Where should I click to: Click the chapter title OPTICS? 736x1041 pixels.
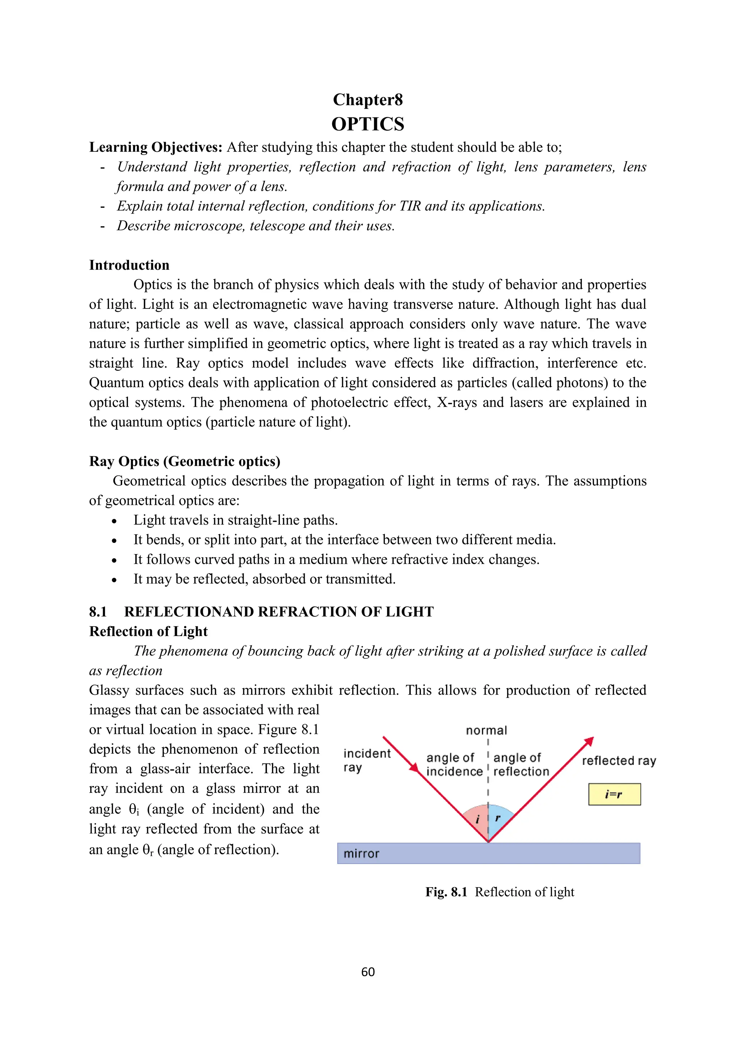coord(368,124)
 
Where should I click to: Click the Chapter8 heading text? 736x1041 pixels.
coord(368,100)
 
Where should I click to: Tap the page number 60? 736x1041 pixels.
coord(368,971)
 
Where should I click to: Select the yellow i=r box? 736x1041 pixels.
coord(614,794)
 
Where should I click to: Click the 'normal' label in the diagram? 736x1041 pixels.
coord(486,730)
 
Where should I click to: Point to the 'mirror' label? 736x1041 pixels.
coord(361,854)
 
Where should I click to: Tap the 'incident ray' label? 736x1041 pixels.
coord(366,761)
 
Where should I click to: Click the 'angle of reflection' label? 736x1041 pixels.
coord(521,764)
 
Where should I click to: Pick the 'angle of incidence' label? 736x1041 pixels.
coord(454,764)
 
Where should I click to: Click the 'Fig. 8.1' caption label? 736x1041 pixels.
coord(446,892)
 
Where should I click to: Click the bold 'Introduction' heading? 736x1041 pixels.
coord(129,265)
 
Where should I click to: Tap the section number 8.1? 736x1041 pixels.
coord(98,612)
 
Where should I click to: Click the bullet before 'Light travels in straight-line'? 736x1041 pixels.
coord(114,521)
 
